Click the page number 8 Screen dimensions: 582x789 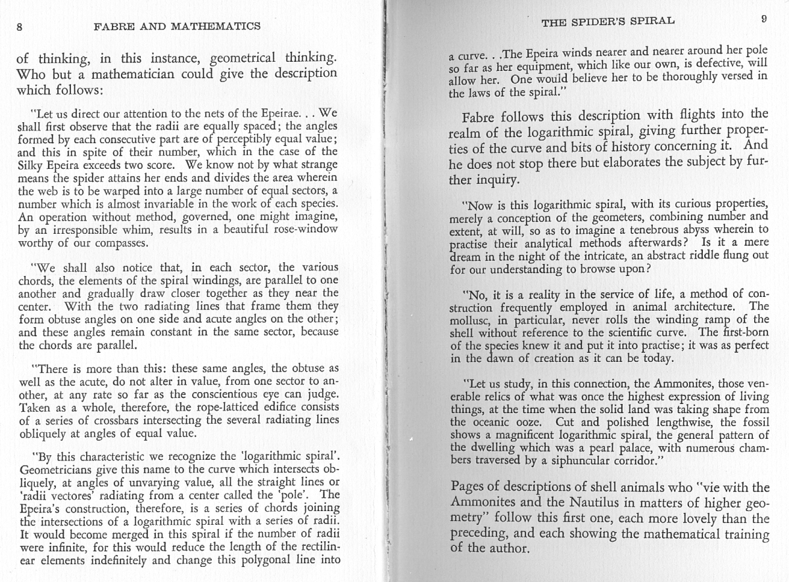point(20,27)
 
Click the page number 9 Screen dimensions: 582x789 point(763,20)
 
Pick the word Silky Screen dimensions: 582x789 point(34,164)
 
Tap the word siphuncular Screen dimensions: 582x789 point(560,460)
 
